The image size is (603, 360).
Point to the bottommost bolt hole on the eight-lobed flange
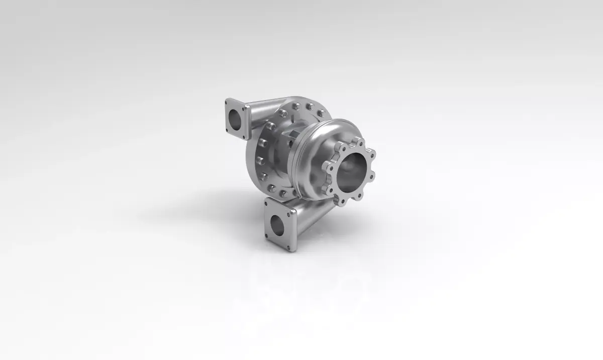[342, 202]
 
